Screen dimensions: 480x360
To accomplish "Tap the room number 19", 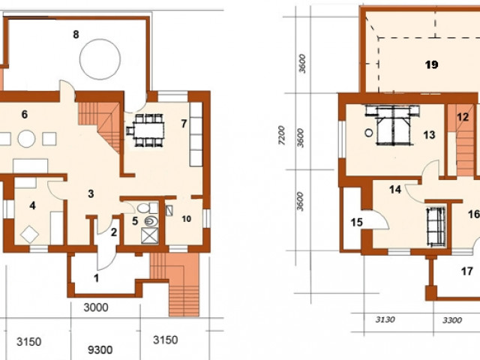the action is [x=432, y=64].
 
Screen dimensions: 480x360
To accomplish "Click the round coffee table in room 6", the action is [x=26, y=139].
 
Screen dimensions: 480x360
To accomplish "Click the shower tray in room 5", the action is [x=150, y=235].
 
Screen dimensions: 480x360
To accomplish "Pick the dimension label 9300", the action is [x=100, y=349].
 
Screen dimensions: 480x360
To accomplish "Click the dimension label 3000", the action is [x=96, y=307].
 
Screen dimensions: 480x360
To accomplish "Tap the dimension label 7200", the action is [x=282, y=135].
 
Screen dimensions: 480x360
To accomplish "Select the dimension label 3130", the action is [x=385, y=319].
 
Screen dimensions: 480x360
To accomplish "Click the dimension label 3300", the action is [x=452, y=320].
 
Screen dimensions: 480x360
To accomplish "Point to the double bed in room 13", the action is [x=393, y=125].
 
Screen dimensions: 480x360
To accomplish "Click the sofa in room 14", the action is [x=436, y=226].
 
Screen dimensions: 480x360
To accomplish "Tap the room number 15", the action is [x=357, y=222].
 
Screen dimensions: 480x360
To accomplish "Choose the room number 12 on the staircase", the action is [x=463, y=117].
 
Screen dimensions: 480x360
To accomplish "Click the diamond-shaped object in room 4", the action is [x=30, y=235].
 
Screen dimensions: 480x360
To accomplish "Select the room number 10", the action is [x=187, y=219].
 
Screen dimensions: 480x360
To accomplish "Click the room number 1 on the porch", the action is [x=97, y=278].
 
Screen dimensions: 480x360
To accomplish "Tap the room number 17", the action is [x=467, y=271].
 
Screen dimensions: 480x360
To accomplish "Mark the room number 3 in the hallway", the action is [x=91, y=193].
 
